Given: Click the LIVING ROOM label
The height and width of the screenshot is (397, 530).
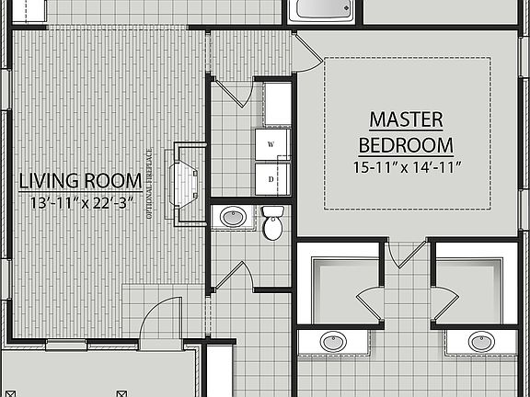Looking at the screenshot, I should [x=80, y=180].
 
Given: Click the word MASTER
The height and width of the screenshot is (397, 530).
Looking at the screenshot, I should [x=406, y=119].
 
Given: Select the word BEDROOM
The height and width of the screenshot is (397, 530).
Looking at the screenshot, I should [x=406, y=145].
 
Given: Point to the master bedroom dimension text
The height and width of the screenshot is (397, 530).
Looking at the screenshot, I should [x=406, y=167].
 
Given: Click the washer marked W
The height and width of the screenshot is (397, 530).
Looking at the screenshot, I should [x=271, y=145].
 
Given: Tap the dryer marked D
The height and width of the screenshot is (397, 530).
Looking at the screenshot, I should [x=271, y=179].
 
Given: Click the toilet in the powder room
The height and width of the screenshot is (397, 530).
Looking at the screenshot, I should [x=273, y=223].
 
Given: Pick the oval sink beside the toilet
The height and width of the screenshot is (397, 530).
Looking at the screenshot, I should [x=234, y=219].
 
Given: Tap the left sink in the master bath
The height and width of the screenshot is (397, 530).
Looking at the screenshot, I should [x=334, y=342].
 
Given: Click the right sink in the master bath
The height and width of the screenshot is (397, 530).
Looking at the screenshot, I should [x=480, y=342].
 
